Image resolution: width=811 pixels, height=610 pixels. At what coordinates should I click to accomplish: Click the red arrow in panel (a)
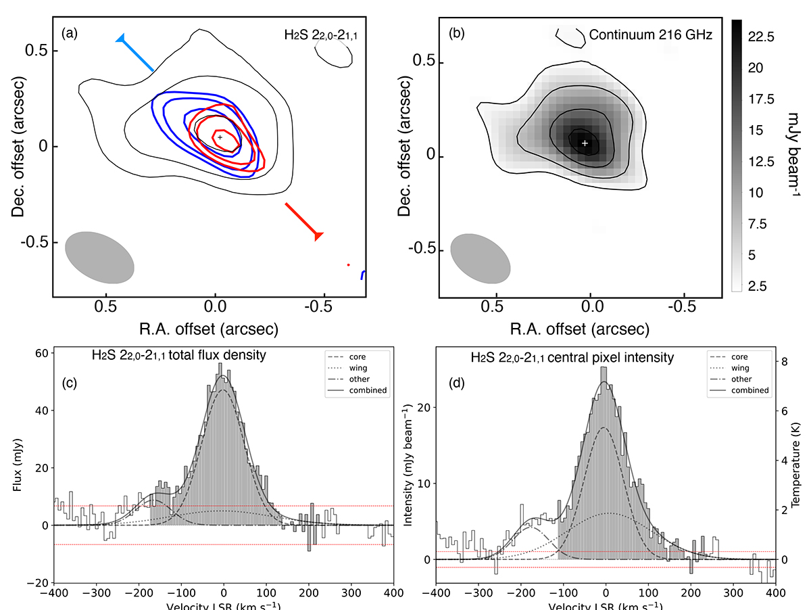coord(303,219)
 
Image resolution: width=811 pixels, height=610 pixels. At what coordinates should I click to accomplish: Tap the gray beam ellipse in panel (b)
coord(480,258)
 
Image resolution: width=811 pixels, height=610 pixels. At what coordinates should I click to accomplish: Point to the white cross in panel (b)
coord(585,143)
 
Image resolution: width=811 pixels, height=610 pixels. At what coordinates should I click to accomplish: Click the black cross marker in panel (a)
coord(220,137)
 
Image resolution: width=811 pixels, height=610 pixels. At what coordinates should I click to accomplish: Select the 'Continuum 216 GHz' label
coord(650,34)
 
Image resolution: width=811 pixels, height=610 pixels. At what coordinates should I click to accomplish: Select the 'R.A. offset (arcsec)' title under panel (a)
coord(210,328)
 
